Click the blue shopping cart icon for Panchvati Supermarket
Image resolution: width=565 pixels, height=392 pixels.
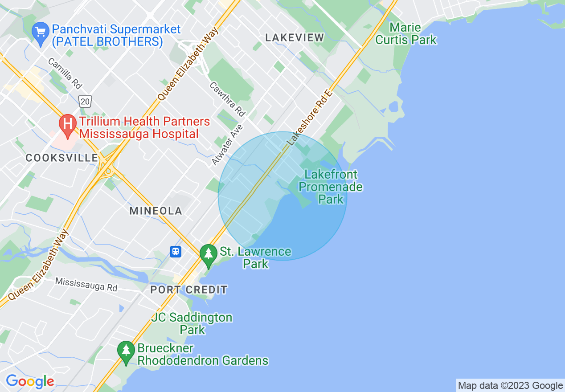tap(41, 33)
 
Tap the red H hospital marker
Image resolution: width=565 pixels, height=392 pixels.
tap(68, 124)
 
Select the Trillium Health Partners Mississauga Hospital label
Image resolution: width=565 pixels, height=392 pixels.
tap(144, 127)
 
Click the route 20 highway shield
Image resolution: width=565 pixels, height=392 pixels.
tap(86, 102)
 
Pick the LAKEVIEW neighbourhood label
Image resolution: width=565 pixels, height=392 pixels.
tap(295, 38)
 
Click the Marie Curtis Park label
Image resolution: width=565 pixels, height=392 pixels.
tap(405, 34)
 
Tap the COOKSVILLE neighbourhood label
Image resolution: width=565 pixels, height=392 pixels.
tap(62, 158)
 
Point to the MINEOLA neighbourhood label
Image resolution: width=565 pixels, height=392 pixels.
tap(156, 211)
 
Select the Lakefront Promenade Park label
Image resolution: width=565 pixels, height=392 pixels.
tap(331, 187)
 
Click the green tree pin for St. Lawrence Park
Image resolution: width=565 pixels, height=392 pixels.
tap(208, 255)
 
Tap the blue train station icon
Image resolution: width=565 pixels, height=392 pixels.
tap(176, 252)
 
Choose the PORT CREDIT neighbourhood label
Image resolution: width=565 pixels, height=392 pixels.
tap(189, 290)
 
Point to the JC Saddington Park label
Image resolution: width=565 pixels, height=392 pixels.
tap(192, 323)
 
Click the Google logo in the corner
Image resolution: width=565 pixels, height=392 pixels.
tap(30, 381)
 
